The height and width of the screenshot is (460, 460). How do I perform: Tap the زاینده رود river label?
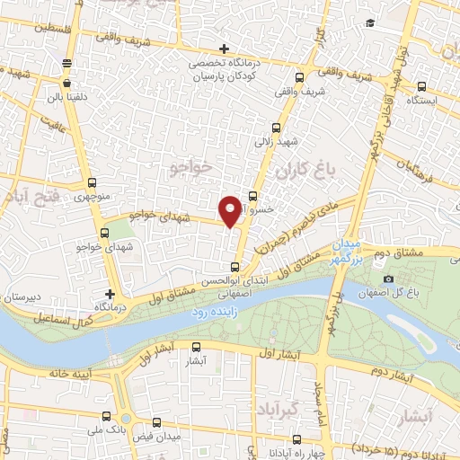point(212,312)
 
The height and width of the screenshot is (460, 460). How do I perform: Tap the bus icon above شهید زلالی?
point(275,128)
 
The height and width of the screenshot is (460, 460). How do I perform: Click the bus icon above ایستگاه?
point(423,87)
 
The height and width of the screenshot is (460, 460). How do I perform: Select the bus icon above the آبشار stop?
point(198,348)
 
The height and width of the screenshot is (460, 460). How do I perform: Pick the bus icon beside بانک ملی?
point(108,417)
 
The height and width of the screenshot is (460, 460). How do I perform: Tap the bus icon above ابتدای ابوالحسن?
point(235,266)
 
